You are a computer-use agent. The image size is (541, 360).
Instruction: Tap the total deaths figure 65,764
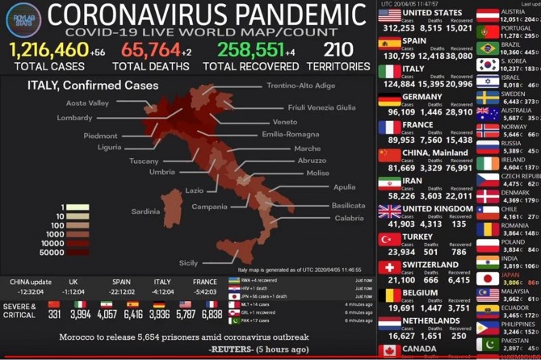[151, 51]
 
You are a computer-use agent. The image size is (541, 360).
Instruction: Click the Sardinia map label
[145, 211]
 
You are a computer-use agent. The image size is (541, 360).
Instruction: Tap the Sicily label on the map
[188, 262]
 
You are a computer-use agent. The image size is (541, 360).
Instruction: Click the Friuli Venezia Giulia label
[321, 107]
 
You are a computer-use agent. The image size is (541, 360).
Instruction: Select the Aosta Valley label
[87, 103]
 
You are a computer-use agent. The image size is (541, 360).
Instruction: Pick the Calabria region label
[348, 218]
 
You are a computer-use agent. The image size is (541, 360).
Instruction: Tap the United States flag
[390, 16]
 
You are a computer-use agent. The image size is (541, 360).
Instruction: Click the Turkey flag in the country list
[390, 240]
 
